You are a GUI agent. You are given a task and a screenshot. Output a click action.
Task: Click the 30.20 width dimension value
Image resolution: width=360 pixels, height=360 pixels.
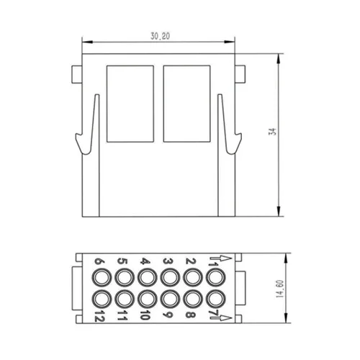[160, 36]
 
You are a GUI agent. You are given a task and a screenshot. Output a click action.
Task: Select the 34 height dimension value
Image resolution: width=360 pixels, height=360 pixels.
[273, 132]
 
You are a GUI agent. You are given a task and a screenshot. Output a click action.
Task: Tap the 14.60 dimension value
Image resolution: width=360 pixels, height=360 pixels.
[280, 289]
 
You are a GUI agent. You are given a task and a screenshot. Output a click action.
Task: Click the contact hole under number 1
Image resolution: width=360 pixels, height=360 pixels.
[215, 278]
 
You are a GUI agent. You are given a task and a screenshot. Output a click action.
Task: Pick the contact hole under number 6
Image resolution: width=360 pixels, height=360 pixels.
[102, 278]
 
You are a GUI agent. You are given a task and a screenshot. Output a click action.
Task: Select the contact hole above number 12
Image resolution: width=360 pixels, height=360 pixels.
[102, 299]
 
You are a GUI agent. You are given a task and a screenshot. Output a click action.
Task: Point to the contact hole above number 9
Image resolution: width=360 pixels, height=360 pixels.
[170, 299]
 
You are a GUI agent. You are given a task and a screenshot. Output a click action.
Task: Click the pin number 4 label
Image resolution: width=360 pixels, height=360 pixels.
[145, 261]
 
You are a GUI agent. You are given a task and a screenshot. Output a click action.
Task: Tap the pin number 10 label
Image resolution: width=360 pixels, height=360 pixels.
[145, 315]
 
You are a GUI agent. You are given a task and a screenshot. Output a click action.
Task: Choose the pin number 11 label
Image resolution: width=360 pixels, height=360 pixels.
[122, 315]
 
